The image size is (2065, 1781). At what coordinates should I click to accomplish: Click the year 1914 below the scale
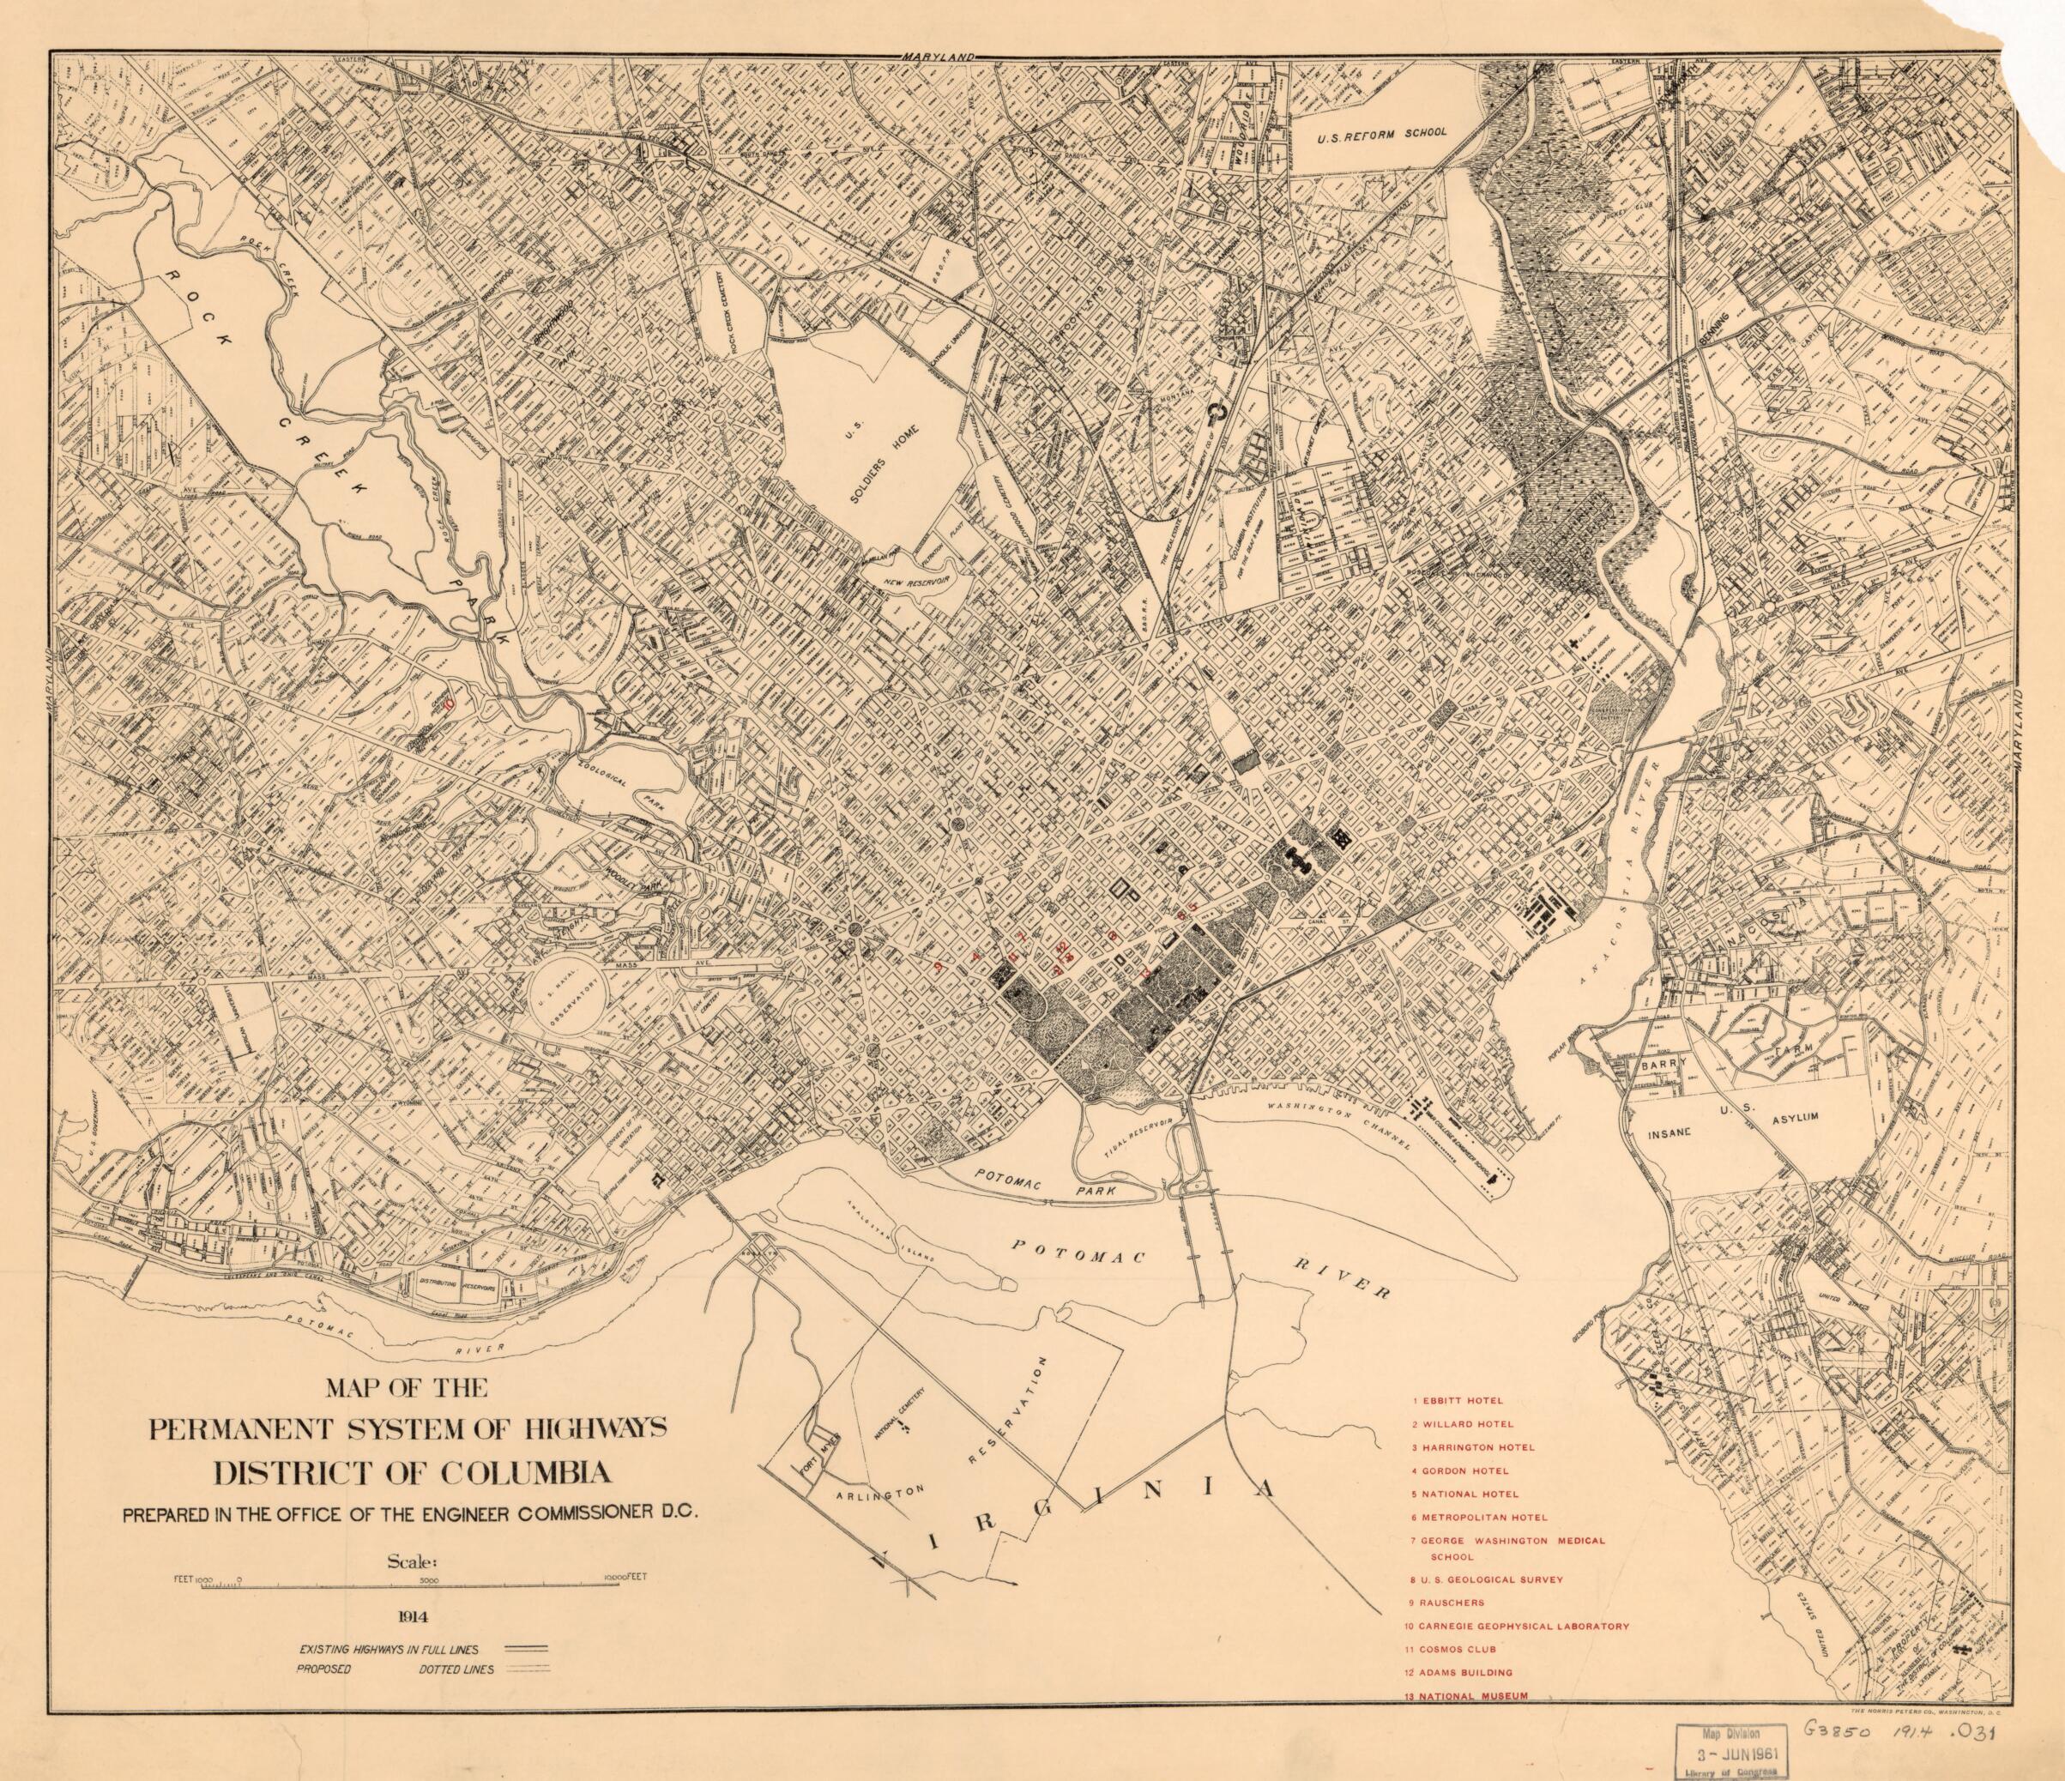point(411,1609)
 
